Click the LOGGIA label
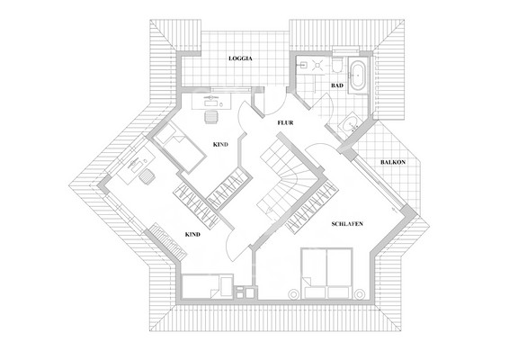point(240,58)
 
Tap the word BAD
point(337,85)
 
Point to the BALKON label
point(392,162)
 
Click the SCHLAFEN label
point(347,222)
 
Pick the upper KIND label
point(220,144)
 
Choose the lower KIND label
point(192,234)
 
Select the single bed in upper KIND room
point(179,147)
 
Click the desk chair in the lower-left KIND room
point(146,176)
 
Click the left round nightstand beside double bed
point(293,292)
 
